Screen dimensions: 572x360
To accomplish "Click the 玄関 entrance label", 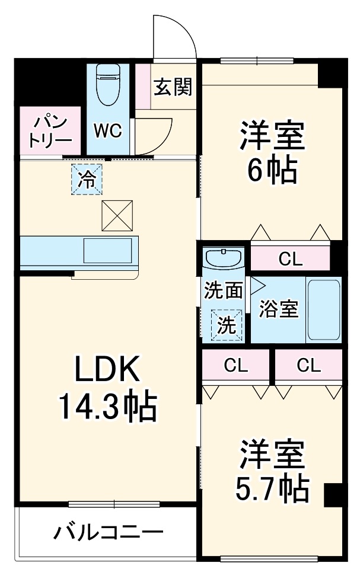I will (x=173, y=88).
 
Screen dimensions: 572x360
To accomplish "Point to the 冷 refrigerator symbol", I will (x=87, y=179).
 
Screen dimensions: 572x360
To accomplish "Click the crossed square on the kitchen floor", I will (x=117, y=216).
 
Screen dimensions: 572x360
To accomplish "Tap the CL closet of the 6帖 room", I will (x=290, y=258).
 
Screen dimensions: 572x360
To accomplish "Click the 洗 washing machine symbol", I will (x=228, y=325).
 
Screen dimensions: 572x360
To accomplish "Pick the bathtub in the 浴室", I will (x=323, y=309).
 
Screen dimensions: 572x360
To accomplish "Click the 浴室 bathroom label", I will (x=279, y=309).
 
